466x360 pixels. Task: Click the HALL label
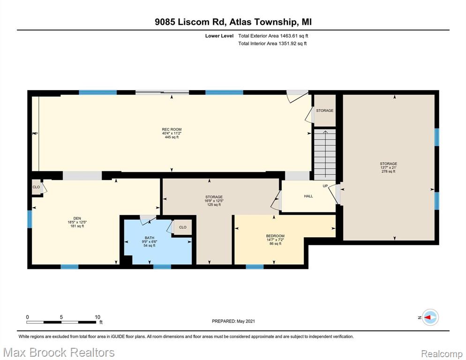tap(308, 196)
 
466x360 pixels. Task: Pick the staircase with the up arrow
tap(325, 154)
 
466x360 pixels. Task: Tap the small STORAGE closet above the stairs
tap(324, 111)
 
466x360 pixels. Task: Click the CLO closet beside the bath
tap(182, 227)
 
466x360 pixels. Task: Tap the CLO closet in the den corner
tap(36, 187)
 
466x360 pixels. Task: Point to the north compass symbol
tap(430, 317)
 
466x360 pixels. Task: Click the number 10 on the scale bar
tap(98, 317)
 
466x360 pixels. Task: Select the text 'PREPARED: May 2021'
tap(233, 321)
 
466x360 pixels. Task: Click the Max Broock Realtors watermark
tap(59, 352)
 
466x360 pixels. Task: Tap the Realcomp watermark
tap(442, 354)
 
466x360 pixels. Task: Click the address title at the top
tap(233, 22)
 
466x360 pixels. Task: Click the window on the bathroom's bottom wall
tap(162, 267)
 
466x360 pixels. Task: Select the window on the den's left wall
tap(30, 219)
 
